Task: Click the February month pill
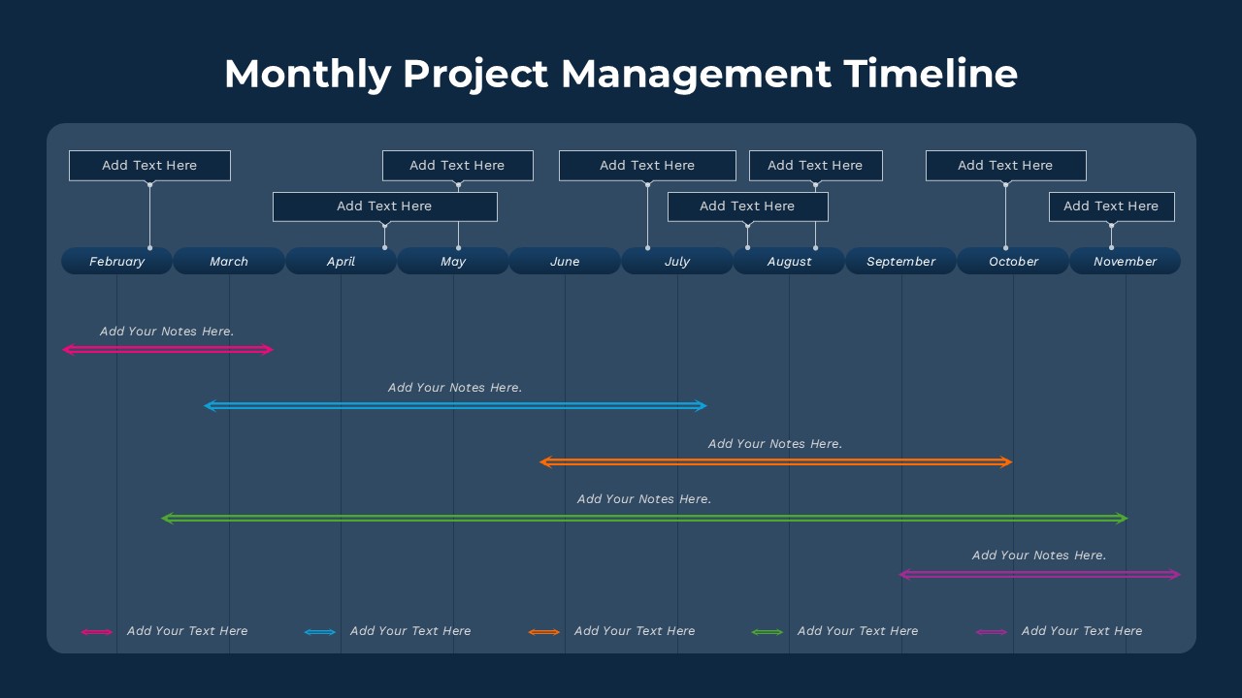(116, 261)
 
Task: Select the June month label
(565, 262)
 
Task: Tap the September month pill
(901, 261)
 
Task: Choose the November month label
(1125, 262)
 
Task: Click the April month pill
(341, 261)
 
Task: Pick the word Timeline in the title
(931, 74)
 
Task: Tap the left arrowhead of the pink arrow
(68, 350)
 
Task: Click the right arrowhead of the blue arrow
(702, 406)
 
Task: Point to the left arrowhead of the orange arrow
(545, 462)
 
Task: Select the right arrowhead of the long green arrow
(1122, 518)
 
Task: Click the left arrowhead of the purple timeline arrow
(905, 575)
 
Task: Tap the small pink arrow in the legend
(97, 632)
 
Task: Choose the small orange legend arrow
(544, 632)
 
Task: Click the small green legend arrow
(768, 632)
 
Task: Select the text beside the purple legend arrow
(1082, 631)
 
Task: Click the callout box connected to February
(149, 166)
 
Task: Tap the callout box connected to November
(1112, 206)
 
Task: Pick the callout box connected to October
(1006, 166)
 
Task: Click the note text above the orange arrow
(775, 444)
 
